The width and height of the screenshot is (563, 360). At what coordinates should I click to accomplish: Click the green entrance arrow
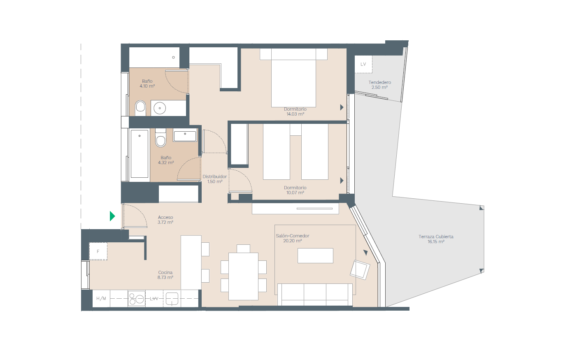[112, 216]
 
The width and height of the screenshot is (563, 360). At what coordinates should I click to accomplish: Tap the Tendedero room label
[379, 82]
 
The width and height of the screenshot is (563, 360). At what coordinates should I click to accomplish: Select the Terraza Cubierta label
[436, 237]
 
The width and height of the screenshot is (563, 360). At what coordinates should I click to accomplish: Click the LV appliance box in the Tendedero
[363, 64]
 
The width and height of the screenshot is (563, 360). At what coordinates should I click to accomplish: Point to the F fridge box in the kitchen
[98, 251]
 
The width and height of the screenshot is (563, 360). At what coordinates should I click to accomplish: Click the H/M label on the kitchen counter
[101, 298]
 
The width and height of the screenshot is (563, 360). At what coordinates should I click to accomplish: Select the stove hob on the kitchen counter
[137, 298]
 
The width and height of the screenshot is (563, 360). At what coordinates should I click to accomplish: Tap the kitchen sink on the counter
[172, 299]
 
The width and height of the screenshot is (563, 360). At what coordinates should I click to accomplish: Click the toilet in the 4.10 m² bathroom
[140, 108]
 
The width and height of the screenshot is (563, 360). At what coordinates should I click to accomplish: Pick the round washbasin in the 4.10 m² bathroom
[160, 108]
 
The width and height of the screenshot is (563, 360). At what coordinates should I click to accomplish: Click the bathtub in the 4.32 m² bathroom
[139, 154]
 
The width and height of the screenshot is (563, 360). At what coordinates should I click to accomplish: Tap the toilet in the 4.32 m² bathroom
[161, 138]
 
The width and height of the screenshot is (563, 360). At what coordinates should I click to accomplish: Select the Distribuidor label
[215, 177]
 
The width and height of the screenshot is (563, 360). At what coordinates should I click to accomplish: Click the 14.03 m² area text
[295, 114]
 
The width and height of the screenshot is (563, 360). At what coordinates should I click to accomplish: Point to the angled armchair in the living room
[360, 270]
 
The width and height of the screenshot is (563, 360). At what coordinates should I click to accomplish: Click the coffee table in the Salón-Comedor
[315, 255]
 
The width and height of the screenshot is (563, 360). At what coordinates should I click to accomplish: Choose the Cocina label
[165, 272]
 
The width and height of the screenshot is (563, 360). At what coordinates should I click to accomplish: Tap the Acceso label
[165, 217]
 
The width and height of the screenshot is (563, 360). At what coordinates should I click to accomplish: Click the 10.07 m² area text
[295, 193]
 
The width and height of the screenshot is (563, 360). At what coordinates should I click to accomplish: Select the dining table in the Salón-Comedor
[243, 276]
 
